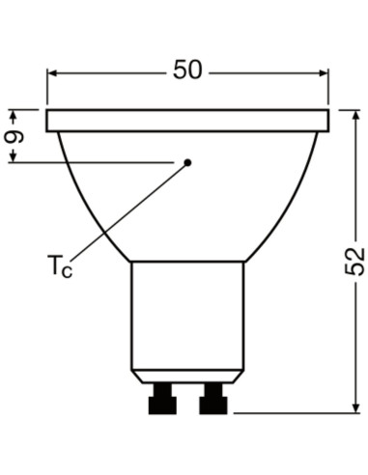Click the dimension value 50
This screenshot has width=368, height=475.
189,70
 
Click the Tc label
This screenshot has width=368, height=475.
58,264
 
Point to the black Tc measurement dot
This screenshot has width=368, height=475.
188,162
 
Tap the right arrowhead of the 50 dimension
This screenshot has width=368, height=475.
325,70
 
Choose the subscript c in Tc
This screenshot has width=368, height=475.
67,270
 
